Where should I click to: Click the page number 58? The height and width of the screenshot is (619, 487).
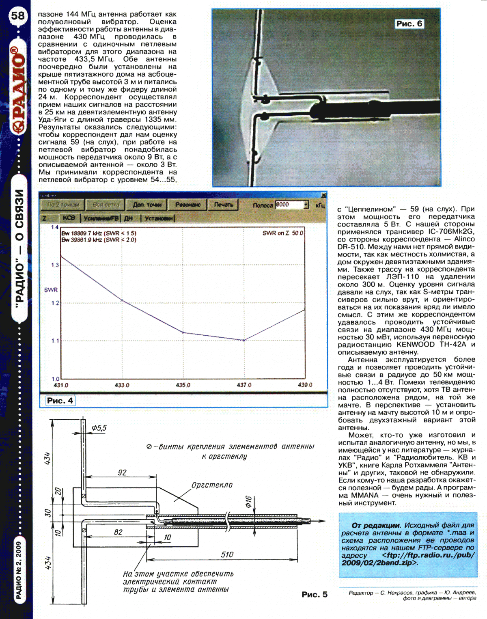point(18,16)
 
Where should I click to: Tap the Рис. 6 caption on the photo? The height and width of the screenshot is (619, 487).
point(409,24)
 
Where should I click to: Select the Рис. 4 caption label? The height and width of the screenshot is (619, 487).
point(60,401)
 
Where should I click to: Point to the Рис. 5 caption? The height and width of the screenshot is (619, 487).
point(315,594)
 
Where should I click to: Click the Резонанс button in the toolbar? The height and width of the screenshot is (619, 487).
point(188,205)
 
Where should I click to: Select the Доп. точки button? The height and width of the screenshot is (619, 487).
point(147,205)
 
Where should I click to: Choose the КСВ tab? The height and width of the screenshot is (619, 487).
point(69,218)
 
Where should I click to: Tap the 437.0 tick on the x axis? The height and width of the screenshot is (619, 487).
point(244,385)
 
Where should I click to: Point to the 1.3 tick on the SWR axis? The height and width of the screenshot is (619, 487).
point(55,265)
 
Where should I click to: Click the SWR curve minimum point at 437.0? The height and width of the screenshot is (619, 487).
point(244,340)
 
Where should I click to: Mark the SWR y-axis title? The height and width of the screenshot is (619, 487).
point(51,290)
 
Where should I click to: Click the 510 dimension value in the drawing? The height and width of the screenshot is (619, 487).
point(227,554)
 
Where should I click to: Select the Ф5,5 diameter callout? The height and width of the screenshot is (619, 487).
point(99,428)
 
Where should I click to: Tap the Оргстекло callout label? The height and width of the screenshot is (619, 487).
point(212,485)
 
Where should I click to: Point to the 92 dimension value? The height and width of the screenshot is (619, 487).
point(122,472)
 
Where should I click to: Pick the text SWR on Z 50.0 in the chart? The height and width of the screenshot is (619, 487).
point(282,233)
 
